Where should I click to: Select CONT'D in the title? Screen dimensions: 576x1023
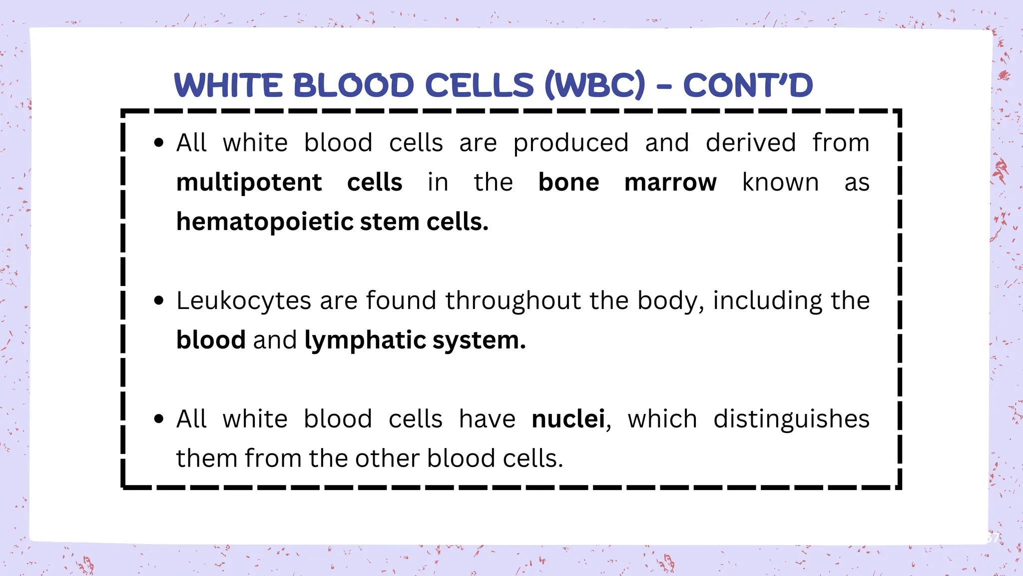tap(748, 85)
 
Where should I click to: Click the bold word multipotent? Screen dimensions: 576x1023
tap(249, 182)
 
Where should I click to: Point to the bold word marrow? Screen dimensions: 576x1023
tap(670, 182)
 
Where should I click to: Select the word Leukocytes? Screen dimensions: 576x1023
tap(244, 301)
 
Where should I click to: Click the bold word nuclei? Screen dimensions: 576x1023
tap(568, 419)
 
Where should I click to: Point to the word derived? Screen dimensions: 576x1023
tap(750, 143)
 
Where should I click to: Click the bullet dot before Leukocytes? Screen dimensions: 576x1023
tap(159, 300)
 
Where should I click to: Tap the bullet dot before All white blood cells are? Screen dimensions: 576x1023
tap(159, 143)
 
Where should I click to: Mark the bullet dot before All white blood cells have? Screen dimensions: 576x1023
tap(159, 419)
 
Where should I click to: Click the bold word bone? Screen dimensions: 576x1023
tap(568, 182)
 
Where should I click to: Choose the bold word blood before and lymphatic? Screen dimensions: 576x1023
tap(211, 340)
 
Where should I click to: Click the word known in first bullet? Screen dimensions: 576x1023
tap(780, 182)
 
